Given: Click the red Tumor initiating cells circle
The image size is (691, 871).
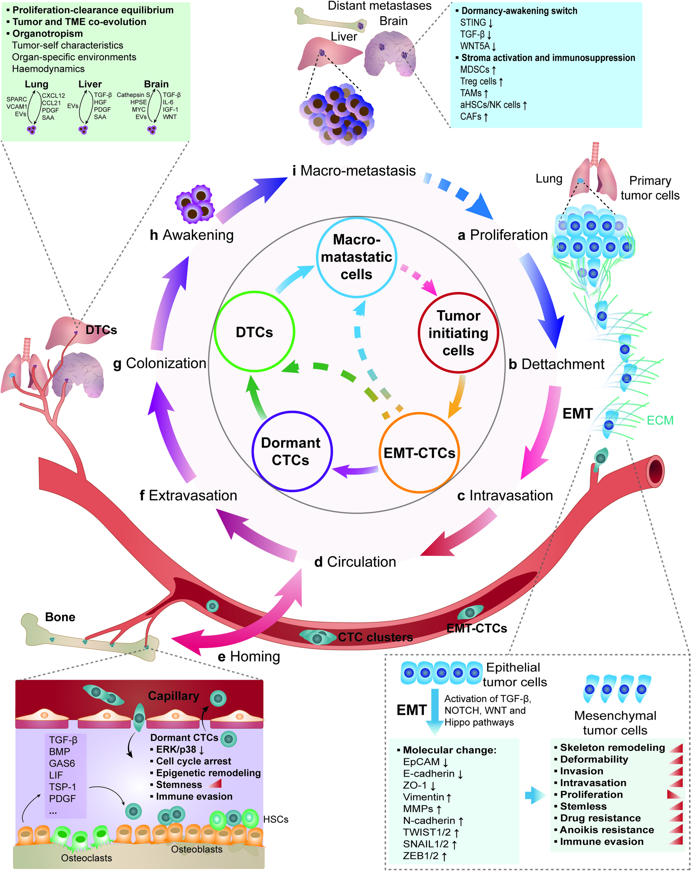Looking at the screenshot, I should point(458,333).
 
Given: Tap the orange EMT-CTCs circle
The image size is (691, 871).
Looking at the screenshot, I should point(419,453).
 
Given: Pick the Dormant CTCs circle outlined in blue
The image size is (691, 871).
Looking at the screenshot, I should point(291,451).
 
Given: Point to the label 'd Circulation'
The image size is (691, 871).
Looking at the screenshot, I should point(355,562).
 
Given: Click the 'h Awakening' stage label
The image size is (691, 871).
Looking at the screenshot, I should point(192,235).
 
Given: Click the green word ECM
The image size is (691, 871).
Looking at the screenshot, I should point(660,421).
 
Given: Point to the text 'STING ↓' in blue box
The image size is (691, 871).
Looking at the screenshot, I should point(476,23).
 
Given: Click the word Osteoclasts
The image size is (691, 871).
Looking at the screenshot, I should point(86,858).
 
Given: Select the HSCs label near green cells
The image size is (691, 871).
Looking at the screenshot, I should point(276,819).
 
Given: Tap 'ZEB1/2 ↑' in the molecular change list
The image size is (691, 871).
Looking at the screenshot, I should point(424,856).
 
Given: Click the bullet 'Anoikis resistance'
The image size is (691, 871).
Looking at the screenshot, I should point(606,830).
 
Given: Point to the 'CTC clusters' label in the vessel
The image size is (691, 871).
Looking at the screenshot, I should point(375,637).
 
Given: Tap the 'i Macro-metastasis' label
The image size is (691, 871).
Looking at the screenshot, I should point(354,170).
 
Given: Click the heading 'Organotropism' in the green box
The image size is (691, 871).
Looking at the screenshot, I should point(47,33).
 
